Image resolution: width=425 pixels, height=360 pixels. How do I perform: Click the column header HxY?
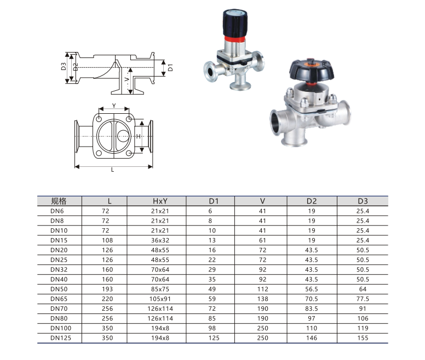point(157,201)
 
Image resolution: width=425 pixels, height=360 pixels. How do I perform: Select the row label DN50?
point(58,288)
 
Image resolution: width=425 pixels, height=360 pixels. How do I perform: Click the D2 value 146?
point(312,338)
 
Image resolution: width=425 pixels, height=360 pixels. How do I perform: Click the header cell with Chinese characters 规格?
point(58,201)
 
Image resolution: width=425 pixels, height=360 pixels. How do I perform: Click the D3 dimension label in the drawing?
point(64,67)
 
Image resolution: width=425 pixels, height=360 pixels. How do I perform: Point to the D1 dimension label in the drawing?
point(170,68)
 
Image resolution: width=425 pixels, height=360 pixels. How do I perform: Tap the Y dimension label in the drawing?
point(113,105)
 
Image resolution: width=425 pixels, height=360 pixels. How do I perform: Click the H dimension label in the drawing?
point(139,136)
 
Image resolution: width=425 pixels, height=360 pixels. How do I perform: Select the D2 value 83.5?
point(312,308)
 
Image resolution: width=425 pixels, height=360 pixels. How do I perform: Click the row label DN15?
point(58,239)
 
